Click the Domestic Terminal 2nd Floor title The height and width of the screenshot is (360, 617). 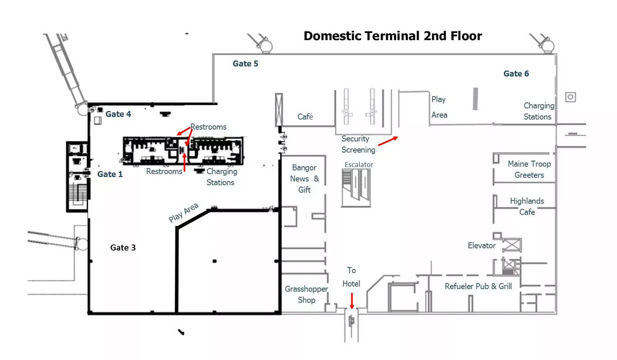click(393, 36)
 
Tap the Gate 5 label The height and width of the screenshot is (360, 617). click(245, 64)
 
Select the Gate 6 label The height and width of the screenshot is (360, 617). click(516, 74)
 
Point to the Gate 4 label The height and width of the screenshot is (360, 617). click(118, 114)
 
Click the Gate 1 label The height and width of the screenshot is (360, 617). click(110, 174)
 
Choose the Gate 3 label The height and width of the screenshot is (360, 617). click(123, 247)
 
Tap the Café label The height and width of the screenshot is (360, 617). click(305, 117)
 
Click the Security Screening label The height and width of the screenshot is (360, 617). click(358, 144)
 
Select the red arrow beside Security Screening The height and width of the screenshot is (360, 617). click(388, 141)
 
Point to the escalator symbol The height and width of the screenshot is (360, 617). click(355, 187)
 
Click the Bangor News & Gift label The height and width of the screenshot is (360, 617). click(304, 178)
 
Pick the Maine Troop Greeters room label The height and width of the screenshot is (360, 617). click(529, 169)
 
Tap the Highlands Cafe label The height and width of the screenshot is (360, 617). click(527, 206)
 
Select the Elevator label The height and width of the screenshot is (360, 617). click(481, 245)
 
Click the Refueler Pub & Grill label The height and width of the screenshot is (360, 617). click(478, 286)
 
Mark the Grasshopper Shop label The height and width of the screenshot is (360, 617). click(306, 294)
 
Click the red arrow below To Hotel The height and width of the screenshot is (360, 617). click(352, 300)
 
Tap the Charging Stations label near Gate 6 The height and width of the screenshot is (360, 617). click(538, 111)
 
